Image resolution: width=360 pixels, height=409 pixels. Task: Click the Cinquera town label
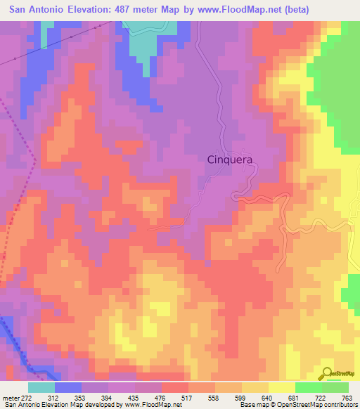point(230,160)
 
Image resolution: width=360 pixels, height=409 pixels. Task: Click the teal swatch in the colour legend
point(41,387)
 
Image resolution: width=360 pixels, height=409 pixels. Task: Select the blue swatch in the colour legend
point(68,387)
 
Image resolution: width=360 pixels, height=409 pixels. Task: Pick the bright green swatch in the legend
point(309,387)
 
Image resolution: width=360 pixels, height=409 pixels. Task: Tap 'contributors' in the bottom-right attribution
point(338,404)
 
